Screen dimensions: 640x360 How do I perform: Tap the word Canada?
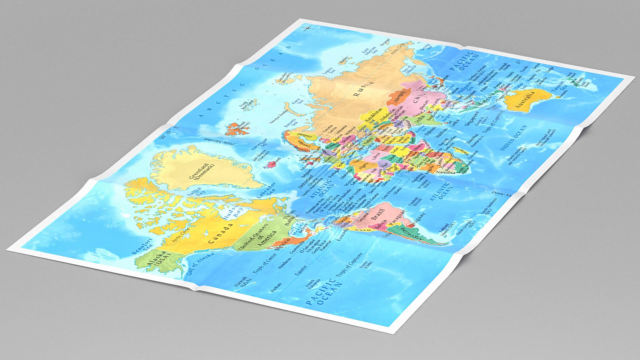220,233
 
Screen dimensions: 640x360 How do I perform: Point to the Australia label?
525,100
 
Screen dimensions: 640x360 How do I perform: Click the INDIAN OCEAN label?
514,137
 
